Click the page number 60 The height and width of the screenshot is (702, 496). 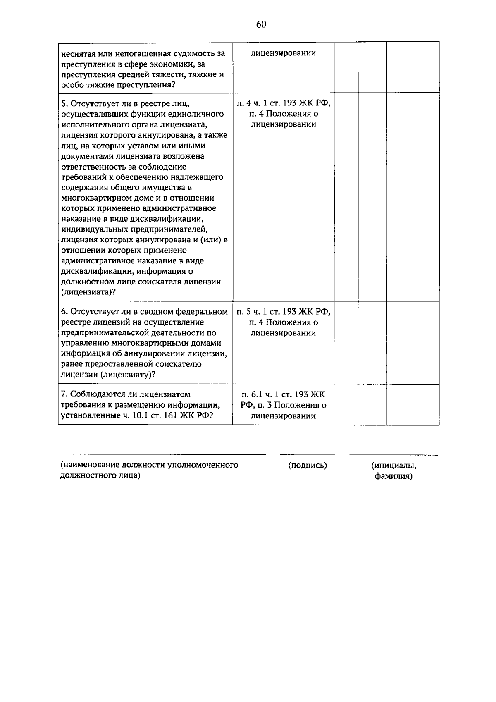pos(261,24)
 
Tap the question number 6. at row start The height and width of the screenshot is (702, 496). pos(64,312)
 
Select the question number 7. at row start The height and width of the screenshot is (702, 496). pos(64,395)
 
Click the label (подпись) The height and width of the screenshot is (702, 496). pos(307,466)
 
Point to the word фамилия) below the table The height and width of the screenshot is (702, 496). pos(393,476)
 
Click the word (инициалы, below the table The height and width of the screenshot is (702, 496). pos(393,466)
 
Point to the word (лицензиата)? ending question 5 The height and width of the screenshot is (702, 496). pos(88,292)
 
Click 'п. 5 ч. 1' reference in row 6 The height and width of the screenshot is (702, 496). pos(253,312)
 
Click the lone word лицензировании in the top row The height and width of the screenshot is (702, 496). pos(283,53)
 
